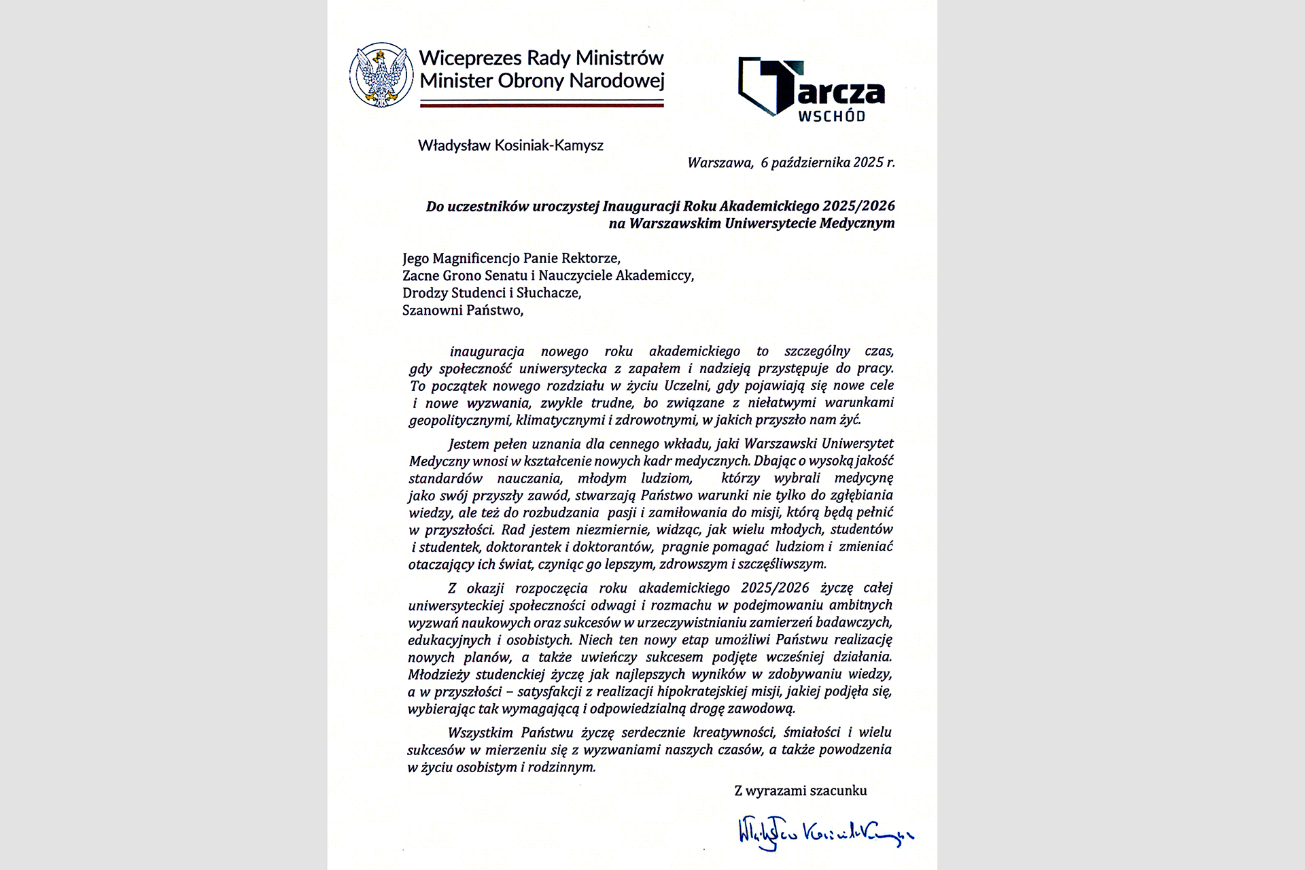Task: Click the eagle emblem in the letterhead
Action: pos(381,75)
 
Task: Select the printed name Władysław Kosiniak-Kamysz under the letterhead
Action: pos(510,145)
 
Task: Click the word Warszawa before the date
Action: pos(719,163)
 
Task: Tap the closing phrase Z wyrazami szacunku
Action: pos(800,790)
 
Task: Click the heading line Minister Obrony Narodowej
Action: pos(541,82)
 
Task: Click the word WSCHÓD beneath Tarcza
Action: pos(831,116)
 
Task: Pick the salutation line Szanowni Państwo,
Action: pos(463,311)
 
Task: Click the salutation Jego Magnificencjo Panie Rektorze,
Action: pos(511,258)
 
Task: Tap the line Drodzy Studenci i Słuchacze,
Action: pos(491,293)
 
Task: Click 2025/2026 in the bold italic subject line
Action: pos(858,205)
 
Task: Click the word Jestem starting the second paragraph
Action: pos(469,444)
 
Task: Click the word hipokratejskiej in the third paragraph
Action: pos(703,692)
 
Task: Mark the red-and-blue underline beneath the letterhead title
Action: pos(541,104)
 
